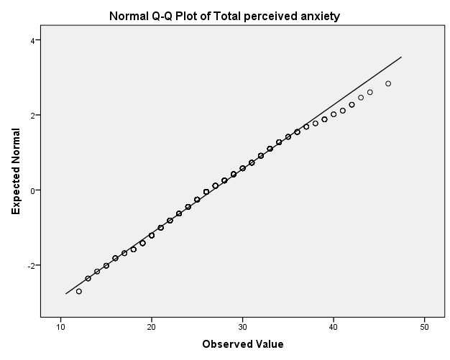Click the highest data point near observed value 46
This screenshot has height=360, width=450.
click(x=388, y=83)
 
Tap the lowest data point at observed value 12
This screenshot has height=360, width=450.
click(x=79, y=291)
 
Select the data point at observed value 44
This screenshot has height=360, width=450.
click(x=370, y=92)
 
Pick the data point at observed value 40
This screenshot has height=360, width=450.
click(x=334, y=114)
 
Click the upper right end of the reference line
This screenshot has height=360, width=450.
click(x=401, y=57)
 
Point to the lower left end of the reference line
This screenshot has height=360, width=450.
click(x=65, y=293)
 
